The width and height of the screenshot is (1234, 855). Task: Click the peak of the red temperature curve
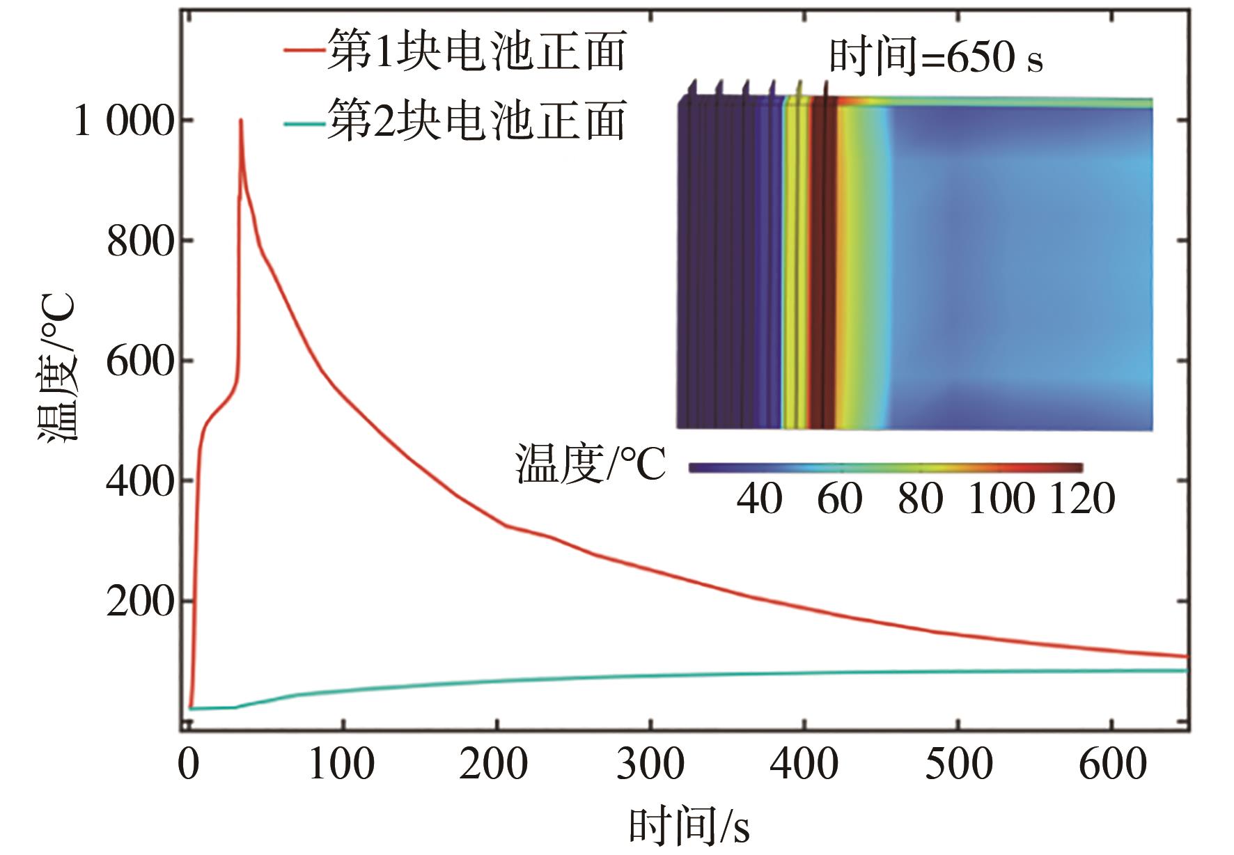(241, 120)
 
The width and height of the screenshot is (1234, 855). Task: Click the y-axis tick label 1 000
(123, 121)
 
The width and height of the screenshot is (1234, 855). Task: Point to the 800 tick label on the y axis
(139, 242)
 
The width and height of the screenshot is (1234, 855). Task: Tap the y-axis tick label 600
(139, 362)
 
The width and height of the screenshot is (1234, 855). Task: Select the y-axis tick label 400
(139, 481)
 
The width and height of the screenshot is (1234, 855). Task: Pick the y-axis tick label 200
(139, 602)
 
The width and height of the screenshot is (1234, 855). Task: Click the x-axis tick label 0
(189, 764)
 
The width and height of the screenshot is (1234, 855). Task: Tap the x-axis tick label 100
(341, 764)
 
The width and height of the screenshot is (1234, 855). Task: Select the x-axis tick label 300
(650, 764)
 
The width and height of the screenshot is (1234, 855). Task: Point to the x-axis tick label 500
(958, 764)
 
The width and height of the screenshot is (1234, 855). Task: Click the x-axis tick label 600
(1112, 764)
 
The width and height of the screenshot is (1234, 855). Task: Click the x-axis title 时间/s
(689, 827)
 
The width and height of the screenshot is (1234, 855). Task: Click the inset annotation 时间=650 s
(936, 57)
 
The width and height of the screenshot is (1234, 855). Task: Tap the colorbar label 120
(1082, 499)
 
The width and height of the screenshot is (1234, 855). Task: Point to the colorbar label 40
(759, 499)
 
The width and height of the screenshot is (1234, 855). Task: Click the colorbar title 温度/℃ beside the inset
(591, 464)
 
